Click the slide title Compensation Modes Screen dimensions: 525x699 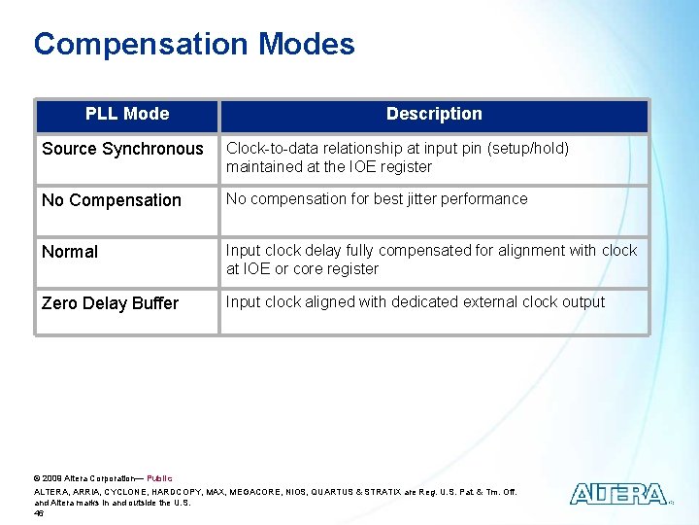coord(194,45)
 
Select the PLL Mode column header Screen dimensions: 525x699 coord(127,114)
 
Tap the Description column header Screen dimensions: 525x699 coord(434,114)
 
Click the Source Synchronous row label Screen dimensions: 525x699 coord(122,149)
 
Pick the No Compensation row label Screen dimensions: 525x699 coord(112,200)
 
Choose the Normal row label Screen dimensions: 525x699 coord(70,252)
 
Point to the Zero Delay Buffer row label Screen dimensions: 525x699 coord(110,303)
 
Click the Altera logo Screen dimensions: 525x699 coord(618,494)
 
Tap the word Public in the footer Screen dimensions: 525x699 coord(159,478)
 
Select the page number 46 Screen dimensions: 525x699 coord(39,512)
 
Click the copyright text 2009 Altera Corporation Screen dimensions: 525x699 coord(87,478)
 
